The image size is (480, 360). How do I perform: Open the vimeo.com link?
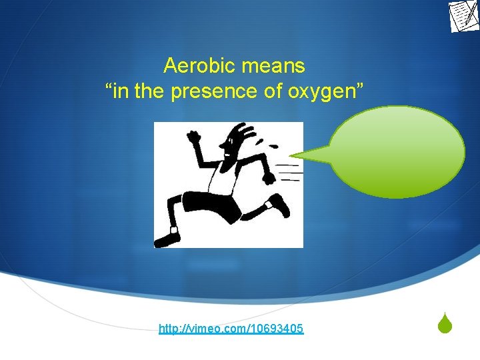[231, 329]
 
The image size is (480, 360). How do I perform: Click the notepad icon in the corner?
[464, 16]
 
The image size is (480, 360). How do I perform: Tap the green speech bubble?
[397, 151]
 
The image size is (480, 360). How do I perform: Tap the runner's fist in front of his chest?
[268, 177]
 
